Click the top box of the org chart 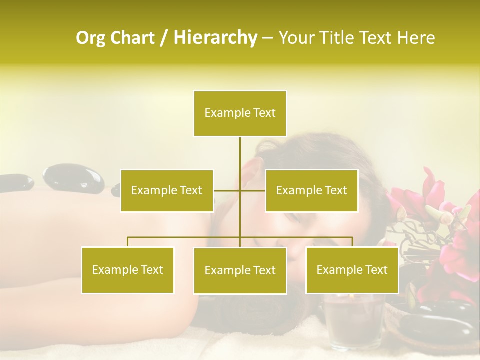tap(240, 113)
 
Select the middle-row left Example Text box tap(167, 190)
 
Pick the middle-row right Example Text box tap(311, 190)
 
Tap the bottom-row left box tap(128, 270)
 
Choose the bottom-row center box tap(240, 271)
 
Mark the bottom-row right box tap(352, 270)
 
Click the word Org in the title tap(90, 38)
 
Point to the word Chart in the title tap(132, 38)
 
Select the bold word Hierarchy tap(215, 38)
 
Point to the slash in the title tap(164, 38)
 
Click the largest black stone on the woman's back tap(73, 178)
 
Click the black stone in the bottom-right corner tap(440, 325)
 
